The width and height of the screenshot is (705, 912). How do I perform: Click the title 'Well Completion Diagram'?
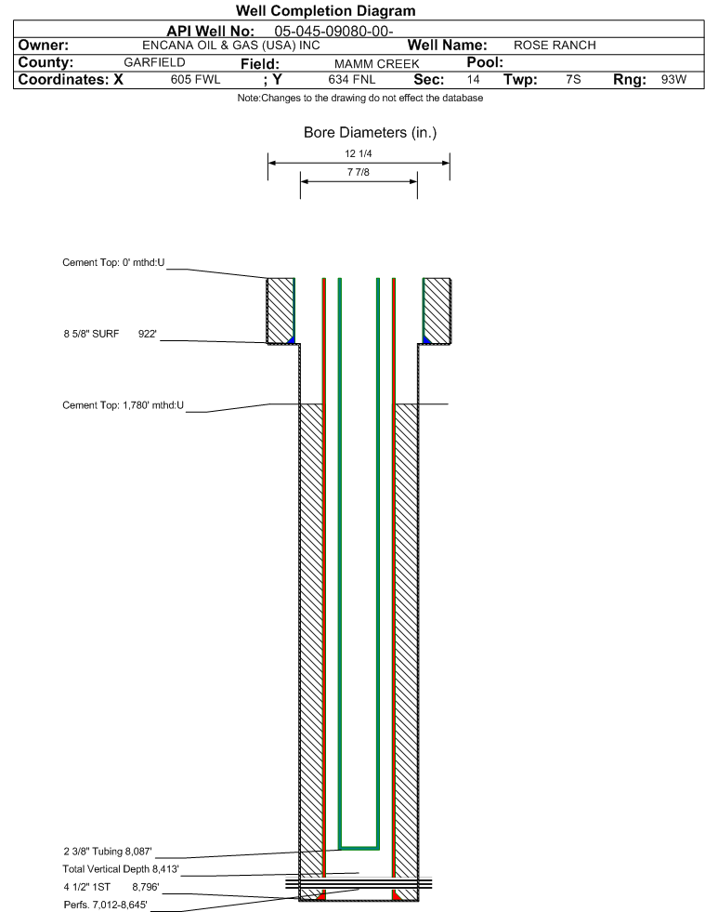pos(325,11)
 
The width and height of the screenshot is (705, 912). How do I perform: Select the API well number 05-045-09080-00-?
pos(334,31)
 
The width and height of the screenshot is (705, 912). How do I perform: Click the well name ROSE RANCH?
pos(555,46)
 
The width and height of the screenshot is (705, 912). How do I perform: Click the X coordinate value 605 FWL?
pos(195,80)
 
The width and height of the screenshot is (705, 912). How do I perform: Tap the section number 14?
pos(474,80)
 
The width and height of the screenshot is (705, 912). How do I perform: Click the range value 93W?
pos(673,80)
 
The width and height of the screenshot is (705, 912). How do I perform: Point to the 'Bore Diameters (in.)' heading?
pos(370,133)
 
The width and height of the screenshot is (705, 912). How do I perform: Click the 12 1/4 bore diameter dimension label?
pos(358,154)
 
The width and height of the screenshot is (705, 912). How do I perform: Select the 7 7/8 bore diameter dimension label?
pos(358,173)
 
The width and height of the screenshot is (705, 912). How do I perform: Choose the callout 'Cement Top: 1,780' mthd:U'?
pos(124,405)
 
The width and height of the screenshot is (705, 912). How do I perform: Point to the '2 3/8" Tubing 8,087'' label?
pos(107,851)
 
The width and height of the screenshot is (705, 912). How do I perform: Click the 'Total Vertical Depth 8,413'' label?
pos(113,868)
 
